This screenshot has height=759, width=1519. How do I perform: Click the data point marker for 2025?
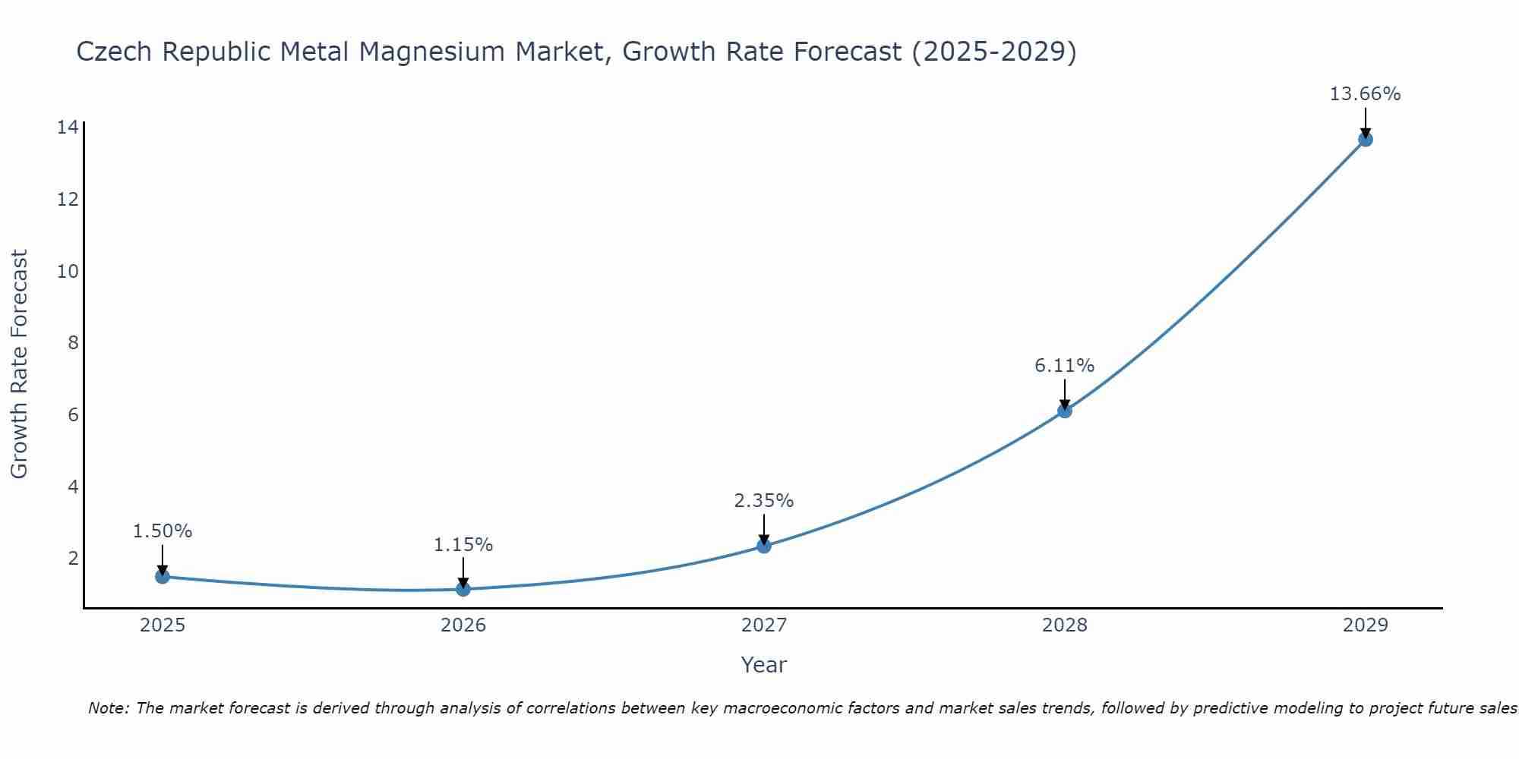(163, 576)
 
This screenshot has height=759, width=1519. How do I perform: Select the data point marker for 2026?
(463, 589)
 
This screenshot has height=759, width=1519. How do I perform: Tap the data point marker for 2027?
(764, 546)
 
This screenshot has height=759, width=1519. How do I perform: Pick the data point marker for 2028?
(1065, 411)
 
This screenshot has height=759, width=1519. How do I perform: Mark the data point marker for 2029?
(1366, 139)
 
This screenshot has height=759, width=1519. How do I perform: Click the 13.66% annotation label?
(1365, 94)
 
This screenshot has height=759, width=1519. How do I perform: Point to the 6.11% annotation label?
(1064, 366)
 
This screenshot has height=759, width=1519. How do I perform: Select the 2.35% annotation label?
(763, 501)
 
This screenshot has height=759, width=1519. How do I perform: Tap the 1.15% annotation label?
(463, 545)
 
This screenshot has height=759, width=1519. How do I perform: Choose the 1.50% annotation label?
(163, 531)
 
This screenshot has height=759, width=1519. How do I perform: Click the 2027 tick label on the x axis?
(764, 625)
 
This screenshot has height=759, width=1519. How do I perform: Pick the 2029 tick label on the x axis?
(1366, 625)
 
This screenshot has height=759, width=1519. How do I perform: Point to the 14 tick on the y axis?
(68, 128)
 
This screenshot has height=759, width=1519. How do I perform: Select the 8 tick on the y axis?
(73, 343)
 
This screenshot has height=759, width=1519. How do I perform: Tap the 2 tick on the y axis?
(73, 559)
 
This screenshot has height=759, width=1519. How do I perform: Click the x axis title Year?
(763, 665)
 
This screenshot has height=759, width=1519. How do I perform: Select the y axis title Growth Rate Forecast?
(20, 364)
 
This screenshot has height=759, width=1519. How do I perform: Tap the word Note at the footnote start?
(109, 708)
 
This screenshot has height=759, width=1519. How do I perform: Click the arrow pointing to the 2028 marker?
(1065, 393)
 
